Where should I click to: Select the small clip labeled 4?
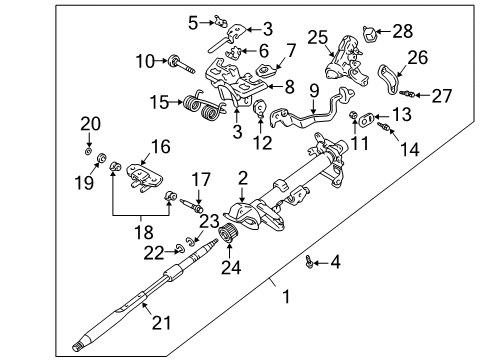[311, 262]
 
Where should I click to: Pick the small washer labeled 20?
[90, 149]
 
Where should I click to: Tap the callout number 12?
[262, 141]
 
